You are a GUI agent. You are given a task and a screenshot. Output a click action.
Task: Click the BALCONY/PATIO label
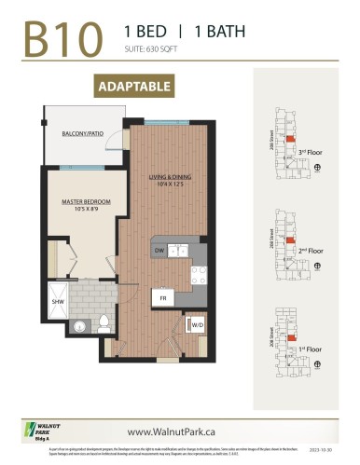[81, 135]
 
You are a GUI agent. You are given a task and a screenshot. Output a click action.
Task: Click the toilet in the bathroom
[105, 325]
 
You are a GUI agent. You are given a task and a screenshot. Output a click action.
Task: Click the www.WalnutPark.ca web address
[179, 431]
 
